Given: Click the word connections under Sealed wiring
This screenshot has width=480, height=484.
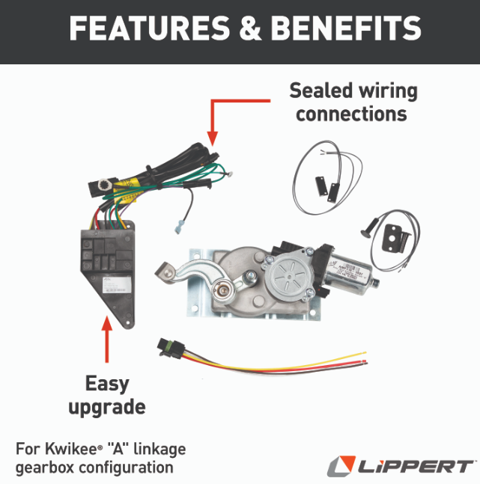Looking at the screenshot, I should tap(351, 114).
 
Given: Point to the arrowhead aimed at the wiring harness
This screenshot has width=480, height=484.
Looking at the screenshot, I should tap(212, 138).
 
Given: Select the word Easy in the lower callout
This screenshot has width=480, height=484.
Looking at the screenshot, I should tap(107, 384).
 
